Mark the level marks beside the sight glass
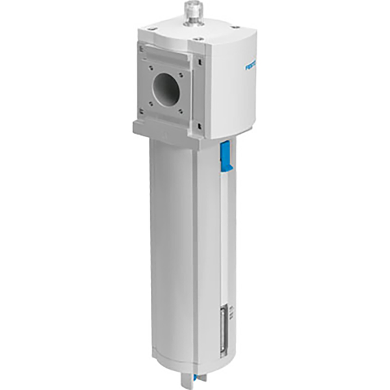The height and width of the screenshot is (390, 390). pyautogui.click(x=235, y=318)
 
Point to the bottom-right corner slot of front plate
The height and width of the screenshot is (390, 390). pyautogui.click(x=199, y=125)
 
